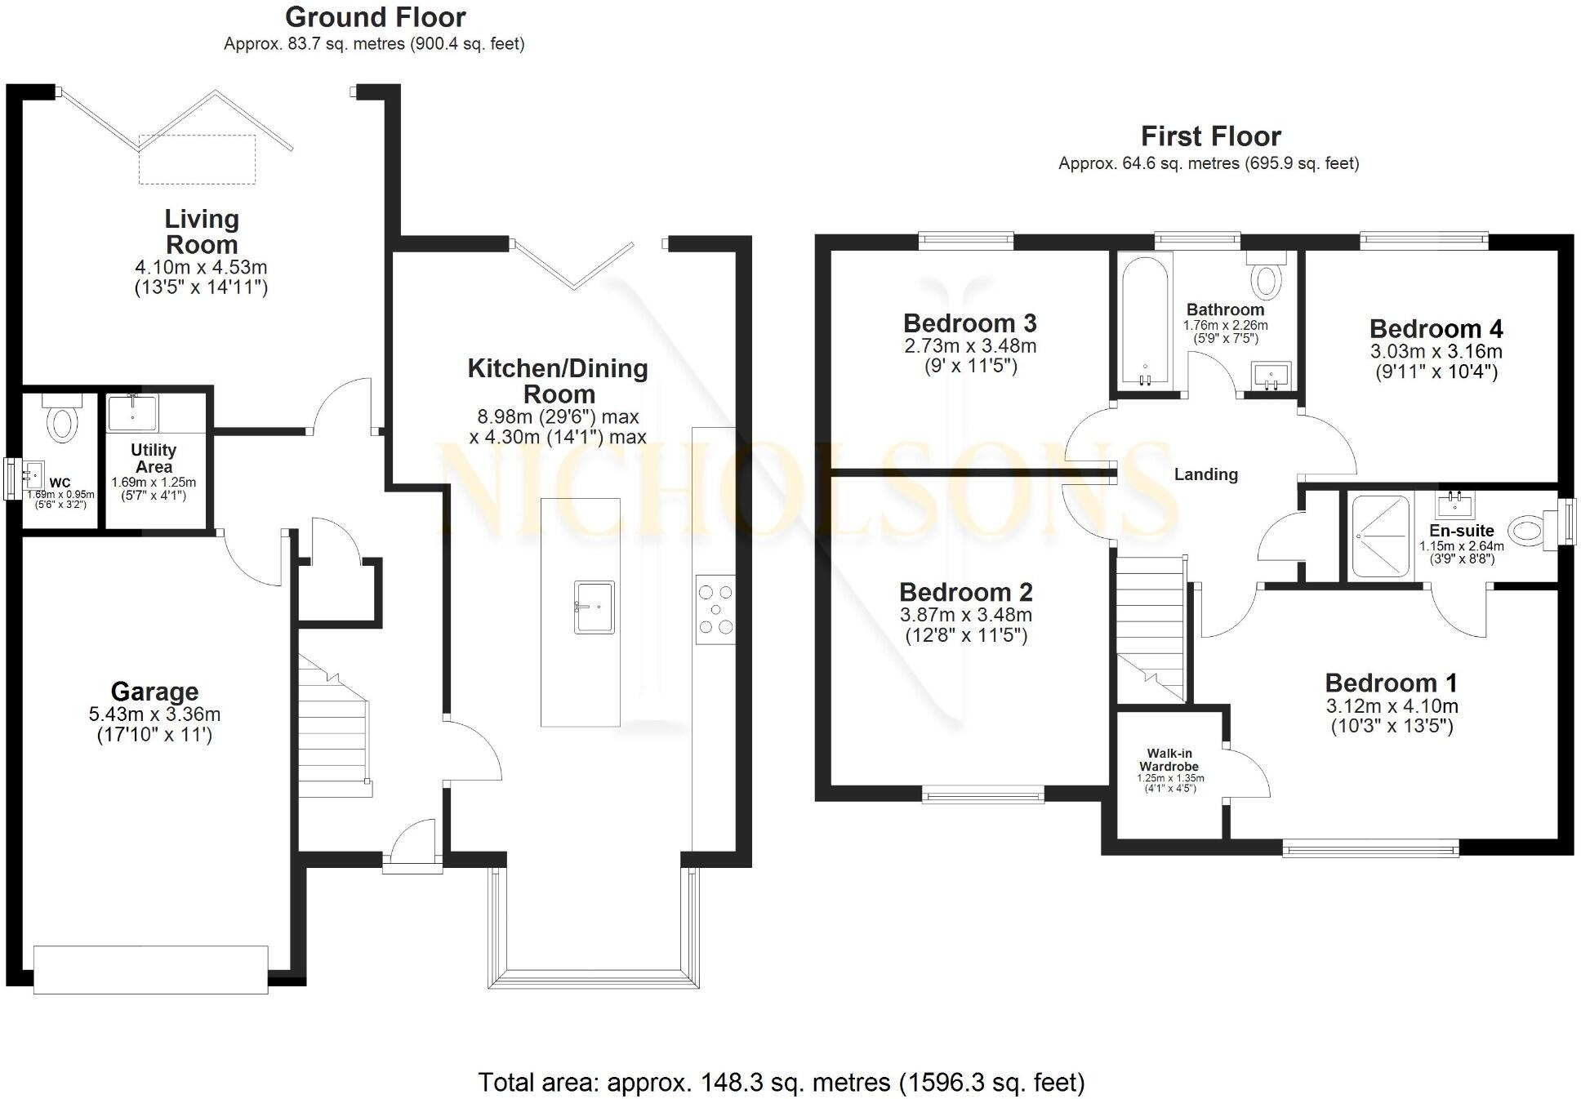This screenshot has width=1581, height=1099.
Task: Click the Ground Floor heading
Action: pyautogui.click(x=375, y=17)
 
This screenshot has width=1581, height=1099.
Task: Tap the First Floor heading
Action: pyautogui.click(x=1210, y=136)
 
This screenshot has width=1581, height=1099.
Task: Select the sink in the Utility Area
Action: pyautogui.click(x=131, y=413)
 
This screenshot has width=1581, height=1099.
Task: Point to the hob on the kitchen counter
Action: pyautogui.click(x=715, y=609)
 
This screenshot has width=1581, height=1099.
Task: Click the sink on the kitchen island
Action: pyautogui.click(x=594, y=607)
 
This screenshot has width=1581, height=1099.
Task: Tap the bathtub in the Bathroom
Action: pyautogui.click(x=1146, y=323)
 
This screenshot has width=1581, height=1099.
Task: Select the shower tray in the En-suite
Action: pyautogui.click(x=1380, y=536)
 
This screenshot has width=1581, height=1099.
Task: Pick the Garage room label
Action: pyautogui.click(x=154, y=692)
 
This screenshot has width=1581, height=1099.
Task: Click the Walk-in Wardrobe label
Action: pyautogui.click(x=1169, y=760)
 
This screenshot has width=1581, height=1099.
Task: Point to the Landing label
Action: pyautogui.click(x=1205, y=474)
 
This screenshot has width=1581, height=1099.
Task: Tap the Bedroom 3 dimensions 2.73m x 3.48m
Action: pyautogui.click(x=970, y=345)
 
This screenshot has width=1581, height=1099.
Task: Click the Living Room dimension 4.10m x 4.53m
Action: pyautogui.click(x=201, y=267)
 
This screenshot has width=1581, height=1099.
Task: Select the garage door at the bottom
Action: pyautogui.click(x=150, y=970)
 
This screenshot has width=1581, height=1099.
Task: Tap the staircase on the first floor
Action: pyautogui.click(x=1150, y=625)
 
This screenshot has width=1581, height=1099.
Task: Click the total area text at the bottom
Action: pyautogui.click(x=781, y=1083)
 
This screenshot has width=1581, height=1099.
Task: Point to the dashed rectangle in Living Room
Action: pyautogui.click(x=197, y=159)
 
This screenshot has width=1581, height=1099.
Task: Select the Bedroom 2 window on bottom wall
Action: pyautogui.click(x=983, y=794)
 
